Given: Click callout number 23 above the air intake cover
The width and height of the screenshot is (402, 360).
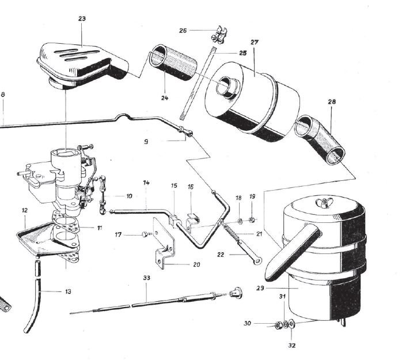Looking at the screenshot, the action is (x=82, y=18).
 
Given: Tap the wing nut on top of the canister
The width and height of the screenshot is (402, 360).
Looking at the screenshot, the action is (x=323, y=202).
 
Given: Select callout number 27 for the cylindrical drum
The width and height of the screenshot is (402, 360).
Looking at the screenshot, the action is (x=255, y=42).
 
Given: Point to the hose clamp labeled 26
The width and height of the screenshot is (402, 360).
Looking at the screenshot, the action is (x=219, y=35).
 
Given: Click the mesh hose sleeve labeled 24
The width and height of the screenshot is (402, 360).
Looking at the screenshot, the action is (x=173, y=63).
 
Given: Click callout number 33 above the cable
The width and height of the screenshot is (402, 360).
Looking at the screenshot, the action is (x=147, y=278).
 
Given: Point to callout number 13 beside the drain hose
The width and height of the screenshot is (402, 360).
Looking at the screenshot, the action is (x=68, y=291).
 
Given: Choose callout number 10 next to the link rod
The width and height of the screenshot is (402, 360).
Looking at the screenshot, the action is (x=129, y=196).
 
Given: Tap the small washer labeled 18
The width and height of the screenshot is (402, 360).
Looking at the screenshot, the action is (x=240, y=221).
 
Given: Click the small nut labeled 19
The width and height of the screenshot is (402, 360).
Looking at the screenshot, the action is (x=252, y=219).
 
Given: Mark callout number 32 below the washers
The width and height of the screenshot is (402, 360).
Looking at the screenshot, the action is (x=292, y=346).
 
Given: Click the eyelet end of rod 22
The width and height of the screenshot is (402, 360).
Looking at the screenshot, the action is (x=257, y=261).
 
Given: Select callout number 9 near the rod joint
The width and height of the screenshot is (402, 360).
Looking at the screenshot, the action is (x=146, y=142).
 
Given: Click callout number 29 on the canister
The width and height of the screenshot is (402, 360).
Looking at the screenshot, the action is (x=260, y=288).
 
